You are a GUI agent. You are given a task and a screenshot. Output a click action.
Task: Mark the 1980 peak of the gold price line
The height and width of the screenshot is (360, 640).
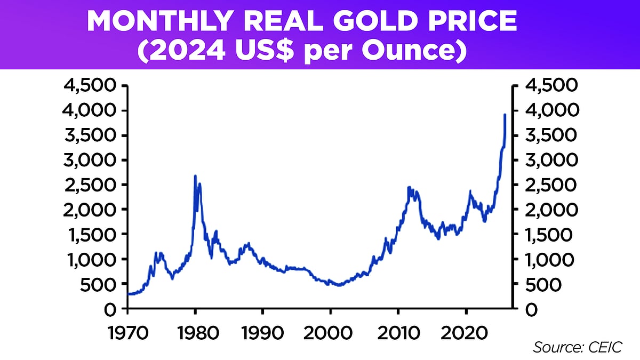pos(195,176)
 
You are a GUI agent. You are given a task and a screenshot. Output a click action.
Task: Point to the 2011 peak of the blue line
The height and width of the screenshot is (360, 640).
pos(409,187)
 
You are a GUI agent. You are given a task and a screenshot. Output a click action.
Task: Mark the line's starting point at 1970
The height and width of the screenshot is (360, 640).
pos(129,294)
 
